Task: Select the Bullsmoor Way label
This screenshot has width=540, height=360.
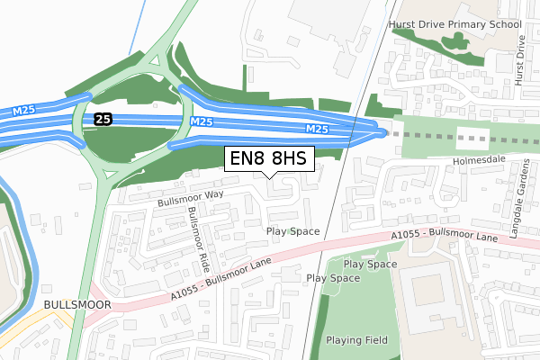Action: (x=189, y=196)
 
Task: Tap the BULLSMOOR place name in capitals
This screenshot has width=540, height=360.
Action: (x=76, y=305)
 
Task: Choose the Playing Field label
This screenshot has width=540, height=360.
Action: (x=355, y=339)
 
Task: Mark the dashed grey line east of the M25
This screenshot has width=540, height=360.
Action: (x=459, y=139)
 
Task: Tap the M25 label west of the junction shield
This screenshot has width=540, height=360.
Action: (x=24, y=112)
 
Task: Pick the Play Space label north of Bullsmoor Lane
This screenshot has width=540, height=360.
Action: (x=293, y=231)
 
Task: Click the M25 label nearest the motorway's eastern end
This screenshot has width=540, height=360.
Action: (x=318, y=130)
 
